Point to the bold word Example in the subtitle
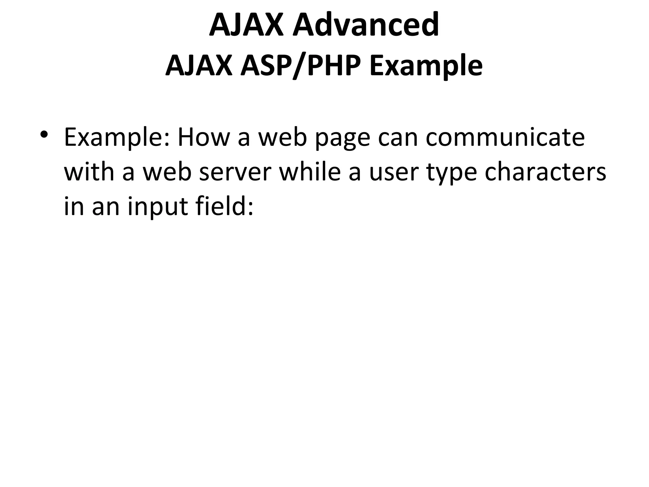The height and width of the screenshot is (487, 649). click(426, 67)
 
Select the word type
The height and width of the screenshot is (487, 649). click(452, 173)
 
